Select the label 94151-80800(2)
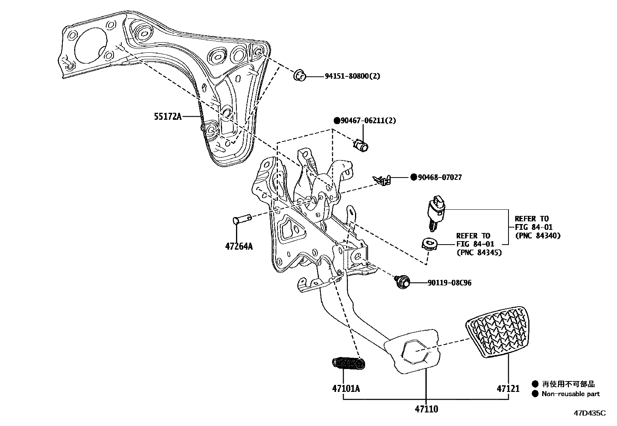tap(352, 76)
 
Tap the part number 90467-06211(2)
tap(368, 121)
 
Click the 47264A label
tap(238, 246)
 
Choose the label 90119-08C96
tap(450, 283)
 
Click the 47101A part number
tap(346, 388)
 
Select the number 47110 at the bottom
tap(426, 409)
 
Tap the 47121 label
tap(508, 388)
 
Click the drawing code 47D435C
tap(589, 413)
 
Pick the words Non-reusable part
tap(570, 394)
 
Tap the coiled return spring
tap(349, 363)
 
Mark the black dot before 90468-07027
tap(414, 178)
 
